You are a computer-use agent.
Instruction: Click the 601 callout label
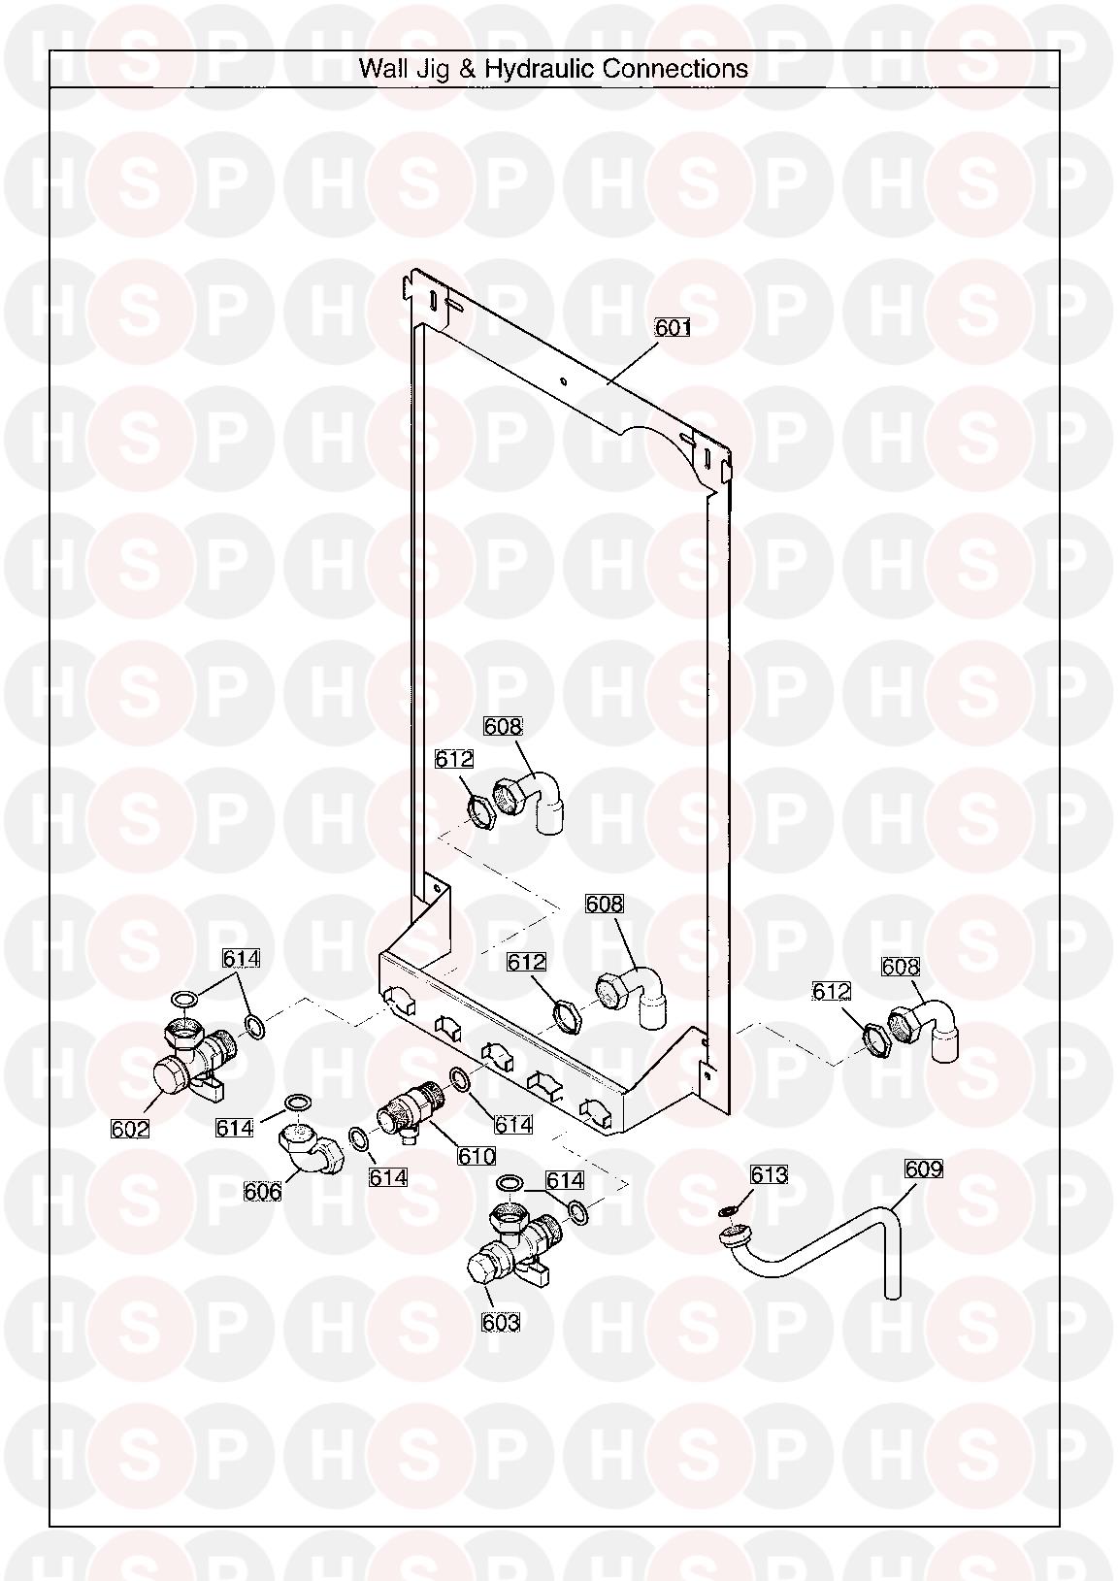673,327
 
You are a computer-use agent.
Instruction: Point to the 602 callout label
131,1130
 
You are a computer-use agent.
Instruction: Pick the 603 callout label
501,1322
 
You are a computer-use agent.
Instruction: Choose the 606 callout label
263,1192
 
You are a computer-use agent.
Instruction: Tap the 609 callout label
924,1169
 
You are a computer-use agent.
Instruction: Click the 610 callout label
477,1156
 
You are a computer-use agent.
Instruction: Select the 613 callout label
769,1174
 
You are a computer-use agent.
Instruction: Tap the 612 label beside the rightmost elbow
832,991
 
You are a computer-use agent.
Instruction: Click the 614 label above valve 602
241,958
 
